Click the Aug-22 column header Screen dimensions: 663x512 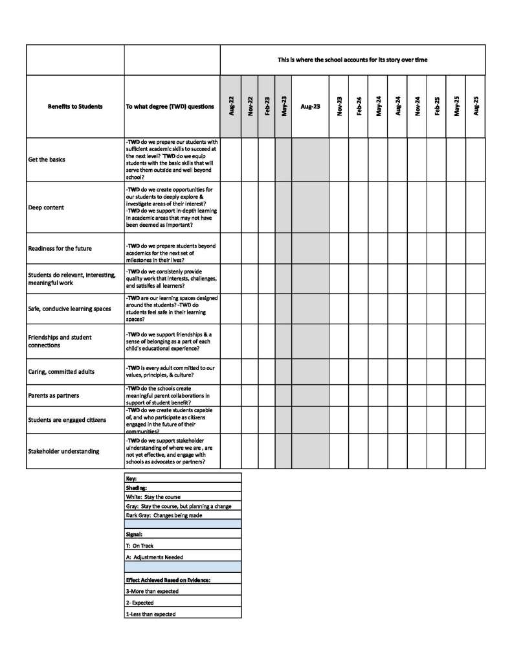click(x=231, y=106)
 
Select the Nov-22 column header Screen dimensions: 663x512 click(x=250, y=106)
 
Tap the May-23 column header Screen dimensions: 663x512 click(x=284, y=106)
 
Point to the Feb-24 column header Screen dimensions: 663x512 click(x=359, y=106)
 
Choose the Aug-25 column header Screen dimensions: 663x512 click(x=476, y=106)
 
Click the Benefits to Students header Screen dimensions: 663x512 click(x=75, y=106)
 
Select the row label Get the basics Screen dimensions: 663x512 click(x=47, y=159)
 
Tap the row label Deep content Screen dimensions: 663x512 click(x=45, y=208)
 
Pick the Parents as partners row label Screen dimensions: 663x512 click(x=54, y=395)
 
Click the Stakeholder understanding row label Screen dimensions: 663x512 click(x=63, y=451)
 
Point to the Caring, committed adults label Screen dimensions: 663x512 click(x=61, y=371)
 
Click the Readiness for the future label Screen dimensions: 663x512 click(x=60, y=248)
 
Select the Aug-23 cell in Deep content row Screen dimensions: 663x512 click(x=311, y=208)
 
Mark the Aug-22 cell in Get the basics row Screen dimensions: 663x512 click(x=231, y=159)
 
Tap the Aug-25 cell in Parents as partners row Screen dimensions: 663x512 click(x=476, y=395)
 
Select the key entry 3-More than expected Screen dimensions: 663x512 click(x=152, y=591)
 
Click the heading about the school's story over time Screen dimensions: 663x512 click(x=353, y=60)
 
